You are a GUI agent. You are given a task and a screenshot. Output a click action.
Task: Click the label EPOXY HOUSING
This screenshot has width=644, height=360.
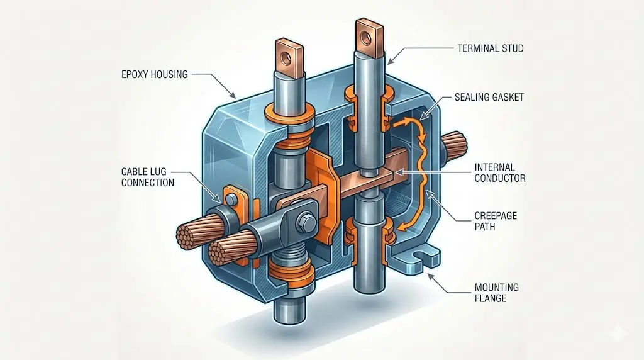[154, 74]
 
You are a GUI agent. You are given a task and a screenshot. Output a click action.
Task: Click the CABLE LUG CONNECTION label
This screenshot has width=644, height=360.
[148, 177]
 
